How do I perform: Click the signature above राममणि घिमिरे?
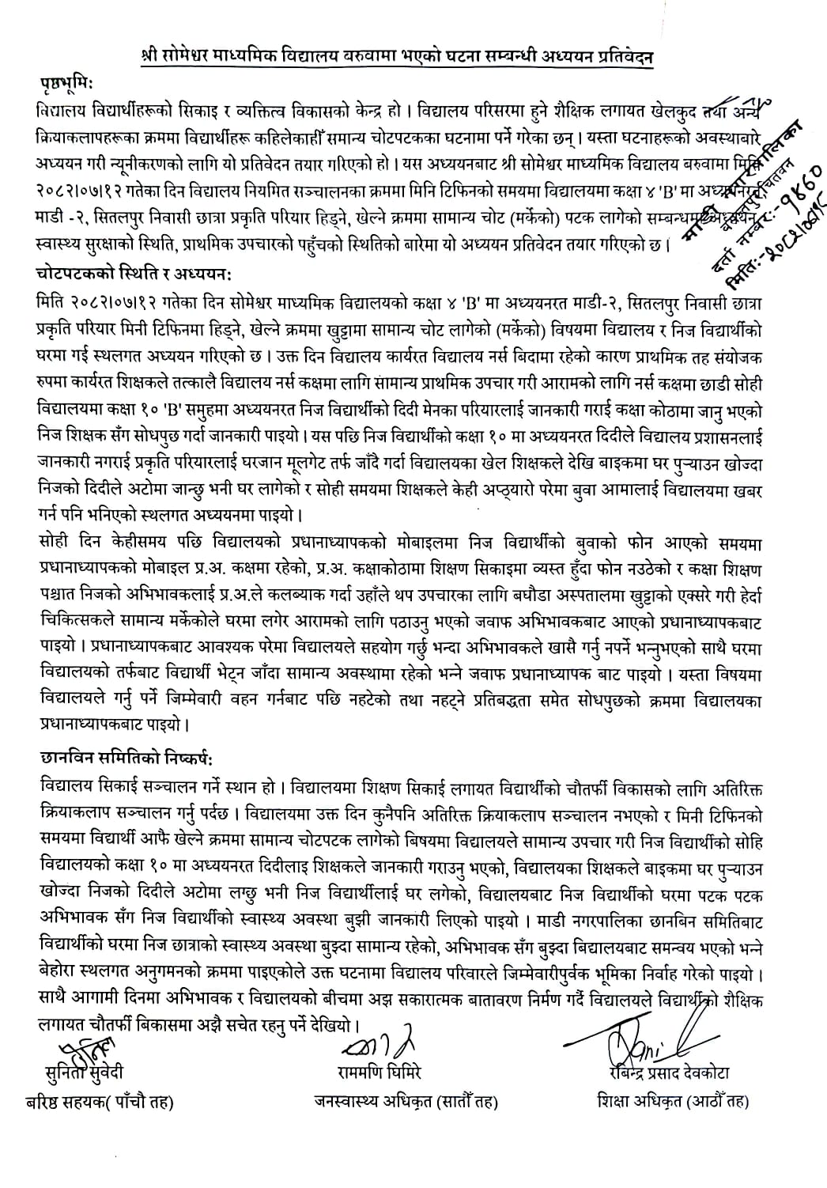coord(377,1046)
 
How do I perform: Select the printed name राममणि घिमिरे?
coord(378,1073)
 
